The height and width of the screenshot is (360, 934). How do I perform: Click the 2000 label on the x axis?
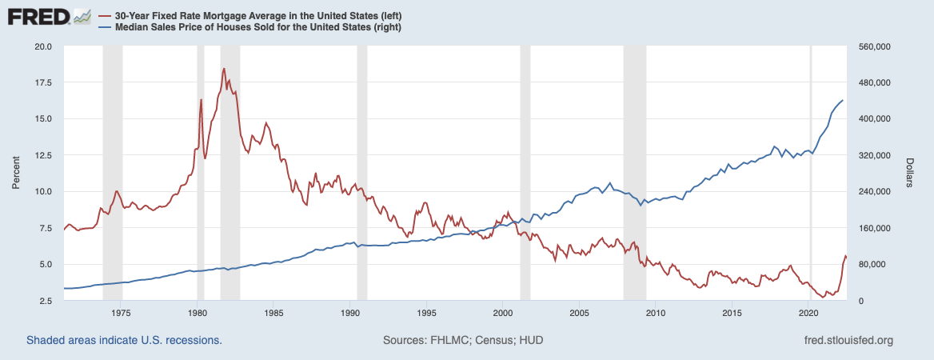502,313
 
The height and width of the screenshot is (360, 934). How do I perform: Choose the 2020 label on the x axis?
808,313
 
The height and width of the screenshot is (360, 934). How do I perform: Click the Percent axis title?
15,174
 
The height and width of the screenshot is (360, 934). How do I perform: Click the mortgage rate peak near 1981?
224,69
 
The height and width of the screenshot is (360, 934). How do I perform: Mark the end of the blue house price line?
843,100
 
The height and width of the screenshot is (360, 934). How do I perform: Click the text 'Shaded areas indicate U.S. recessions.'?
124,340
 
